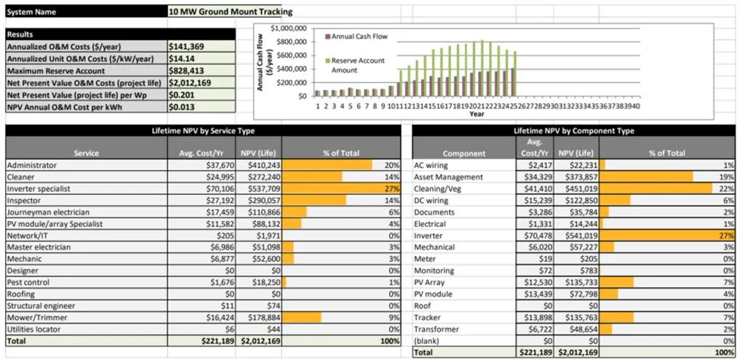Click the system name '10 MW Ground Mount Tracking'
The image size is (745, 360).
pos(230,12)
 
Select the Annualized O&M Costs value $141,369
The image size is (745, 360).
pos(186,47)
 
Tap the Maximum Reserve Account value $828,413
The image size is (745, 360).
pos(186,71)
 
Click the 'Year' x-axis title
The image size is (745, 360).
pos(477,114)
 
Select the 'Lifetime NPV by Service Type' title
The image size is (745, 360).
pos(203,130)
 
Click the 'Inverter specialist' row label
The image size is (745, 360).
pos(39,188)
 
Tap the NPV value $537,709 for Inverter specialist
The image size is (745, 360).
pos(258,188)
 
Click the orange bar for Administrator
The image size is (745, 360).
pos(327,165)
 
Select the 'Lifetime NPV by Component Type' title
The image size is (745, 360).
pos(573,130)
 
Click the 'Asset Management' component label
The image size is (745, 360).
pos(447,177)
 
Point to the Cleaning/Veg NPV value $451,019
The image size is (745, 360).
pos(578,188)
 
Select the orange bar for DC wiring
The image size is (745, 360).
pos(615,200)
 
